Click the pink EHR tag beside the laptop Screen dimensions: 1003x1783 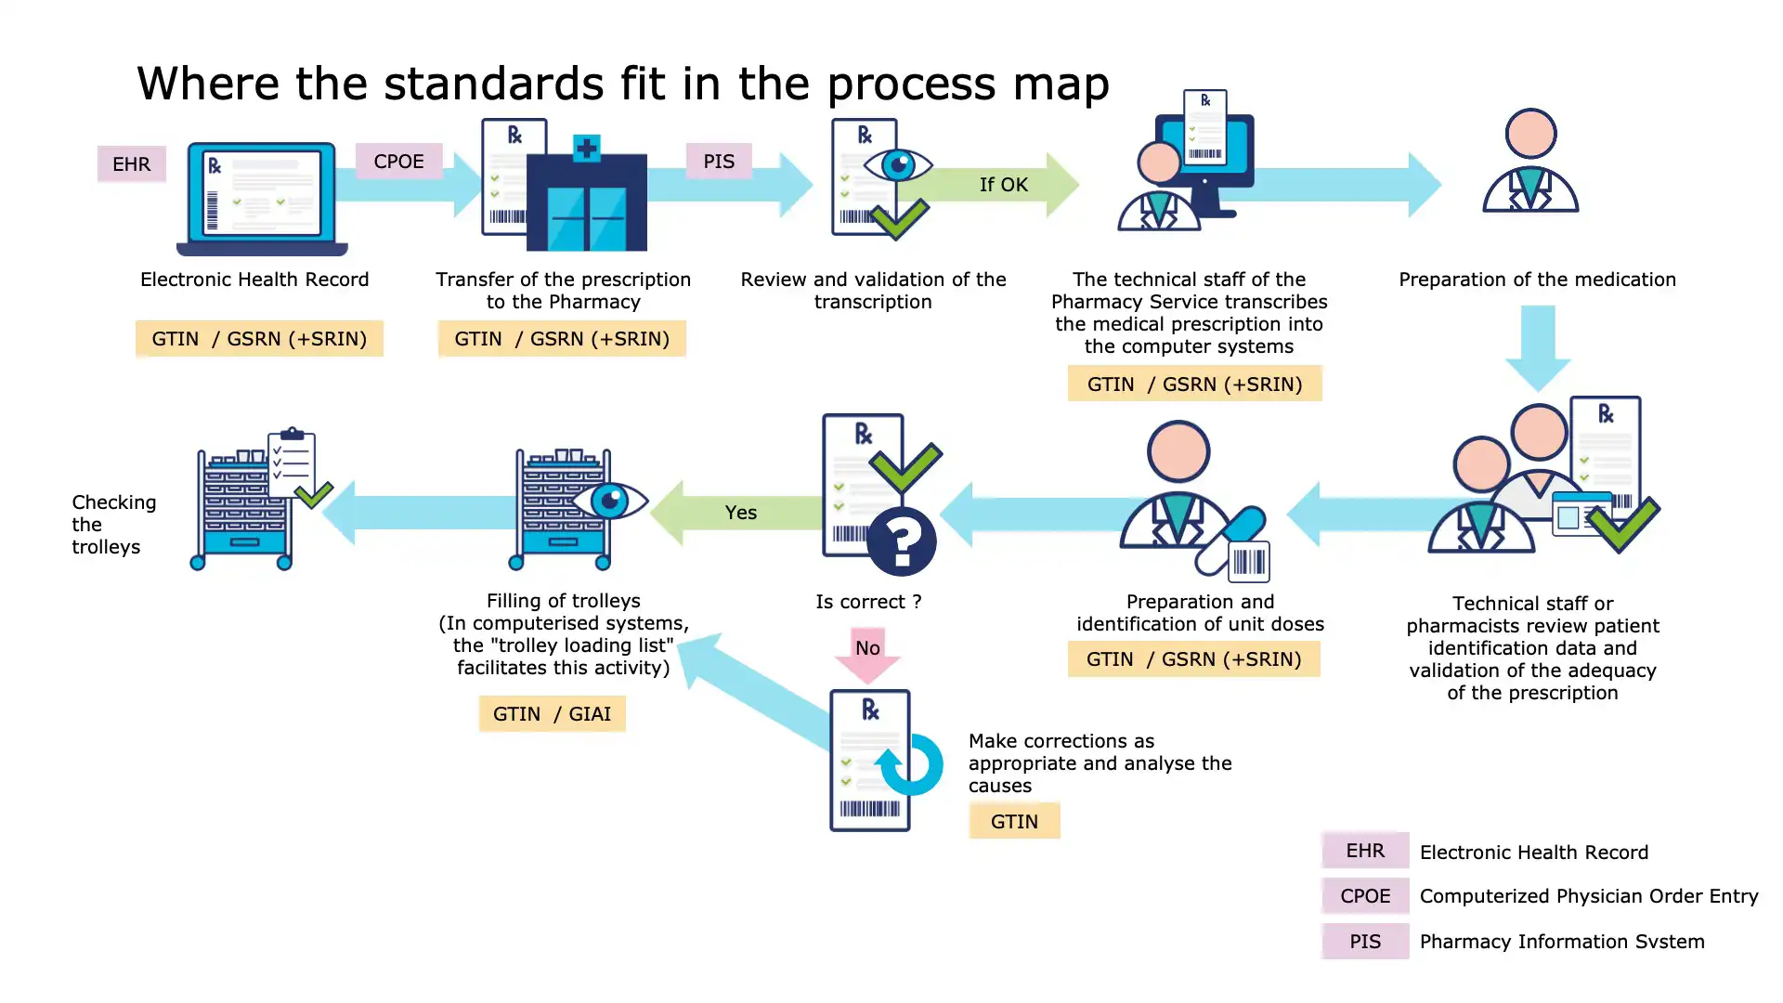tap(131, 164)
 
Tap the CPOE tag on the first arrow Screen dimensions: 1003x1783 tap(398, 162)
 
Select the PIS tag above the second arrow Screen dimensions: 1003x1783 tap(718, 162)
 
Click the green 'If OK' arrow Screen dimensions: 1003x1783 tap(1003, 185)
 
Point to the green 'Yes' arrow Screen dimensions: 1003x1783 tap(740, 513)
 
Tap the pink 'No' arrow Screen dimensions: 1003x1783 tap(867, 652)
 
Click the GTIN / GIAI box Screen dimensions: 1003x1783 tap(552, 714)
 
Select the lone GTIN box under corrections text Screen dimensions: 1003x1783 tap(1014, 822)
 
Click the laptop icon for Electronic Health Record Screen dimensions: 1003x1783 tap(262, 198)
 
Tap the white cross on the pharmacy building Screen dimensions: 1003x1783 tap(586, 148)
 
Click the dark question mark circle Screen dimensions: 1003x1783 tap(901, 541)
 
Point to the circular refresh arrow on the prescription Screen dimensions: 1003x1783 tap(910, 764)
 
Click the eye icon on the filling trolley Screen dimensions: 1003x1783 tap(609, 501)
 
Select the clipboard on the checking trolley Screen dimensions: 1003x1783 tap(292, 462)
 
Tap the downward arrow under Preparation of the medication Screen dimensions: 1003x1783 tap(1538, 348)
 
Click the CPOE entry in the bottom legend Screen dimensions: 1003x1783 tap(1365, 896)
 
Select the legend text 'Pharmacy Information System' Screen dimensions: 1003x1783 tap(1561, 942)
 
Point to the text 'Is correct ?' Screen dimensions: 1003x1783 tap(868, 602)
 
